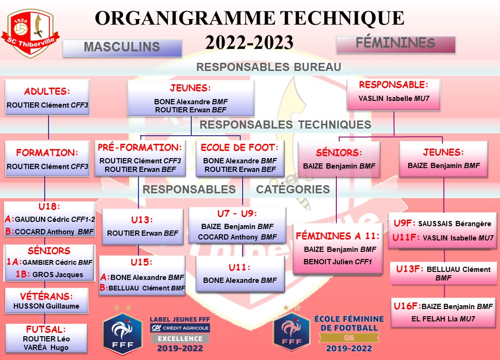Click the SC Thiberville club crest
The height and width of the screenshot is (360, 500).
tap(30, 33)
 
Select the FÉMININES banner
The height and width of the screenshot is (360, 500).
tap(396, 44)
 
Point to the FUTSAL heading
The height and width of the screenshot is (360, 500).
tap(46, 329)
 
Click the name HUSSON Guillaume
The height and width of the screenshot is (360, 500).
tap(46, 306)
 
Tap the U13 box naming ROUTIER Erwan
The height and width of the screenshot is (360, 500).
tap(143, 227)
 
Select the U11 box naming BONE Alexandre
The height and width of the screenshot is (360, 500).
tap(240, 274)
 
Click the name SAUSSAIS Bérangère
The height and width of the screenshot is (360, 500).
tap(455, 224)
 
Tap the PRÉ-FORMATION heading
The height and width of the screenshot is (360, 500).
tap(140, 148)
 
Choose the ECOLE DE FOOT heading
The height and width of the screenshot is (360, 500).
tap(240, 148)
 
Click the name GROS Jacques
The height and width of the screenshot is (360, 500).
tap(58, 275)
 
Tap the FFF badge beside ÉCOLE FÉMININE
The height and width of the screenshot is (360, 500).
tap(292, 332)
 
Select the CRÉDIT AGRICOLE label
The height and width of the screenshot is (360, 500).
tap(180, 328)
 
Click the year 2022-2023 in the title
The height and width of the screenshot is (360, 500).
tap(249, 43)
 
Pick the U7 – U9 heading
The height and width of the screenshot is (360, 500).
tap(237, 213)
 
